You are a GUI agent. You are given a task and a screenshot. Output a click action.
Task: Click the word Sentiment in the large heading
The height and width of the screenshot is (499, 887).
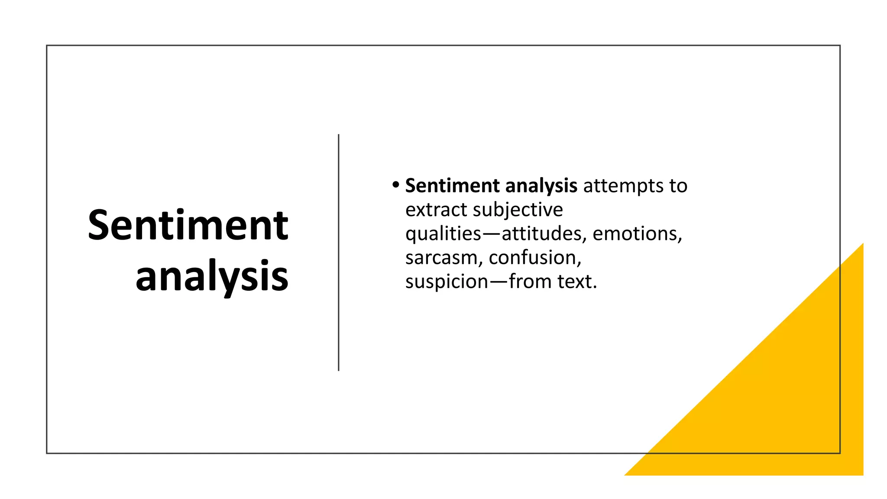pos(188,225)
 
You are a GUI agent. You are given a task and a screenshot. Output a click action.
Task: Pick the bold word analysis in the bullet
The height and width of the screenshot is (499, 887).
pos(541,186)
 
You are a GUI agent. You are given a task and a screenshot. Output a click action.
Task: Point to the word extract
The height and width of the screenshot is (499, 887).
pos(436,210)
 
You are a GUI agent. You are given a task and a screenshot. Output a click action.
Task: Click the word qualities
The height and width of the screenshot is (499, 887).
pos(443,234)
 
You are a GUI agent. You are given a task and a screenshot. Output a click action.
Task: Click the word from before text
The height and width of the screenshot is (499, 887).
pos(531,282)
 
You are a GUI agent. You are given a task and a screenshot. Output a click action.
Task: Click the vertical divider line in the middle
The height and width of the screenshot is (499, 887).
pos(339,253)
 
